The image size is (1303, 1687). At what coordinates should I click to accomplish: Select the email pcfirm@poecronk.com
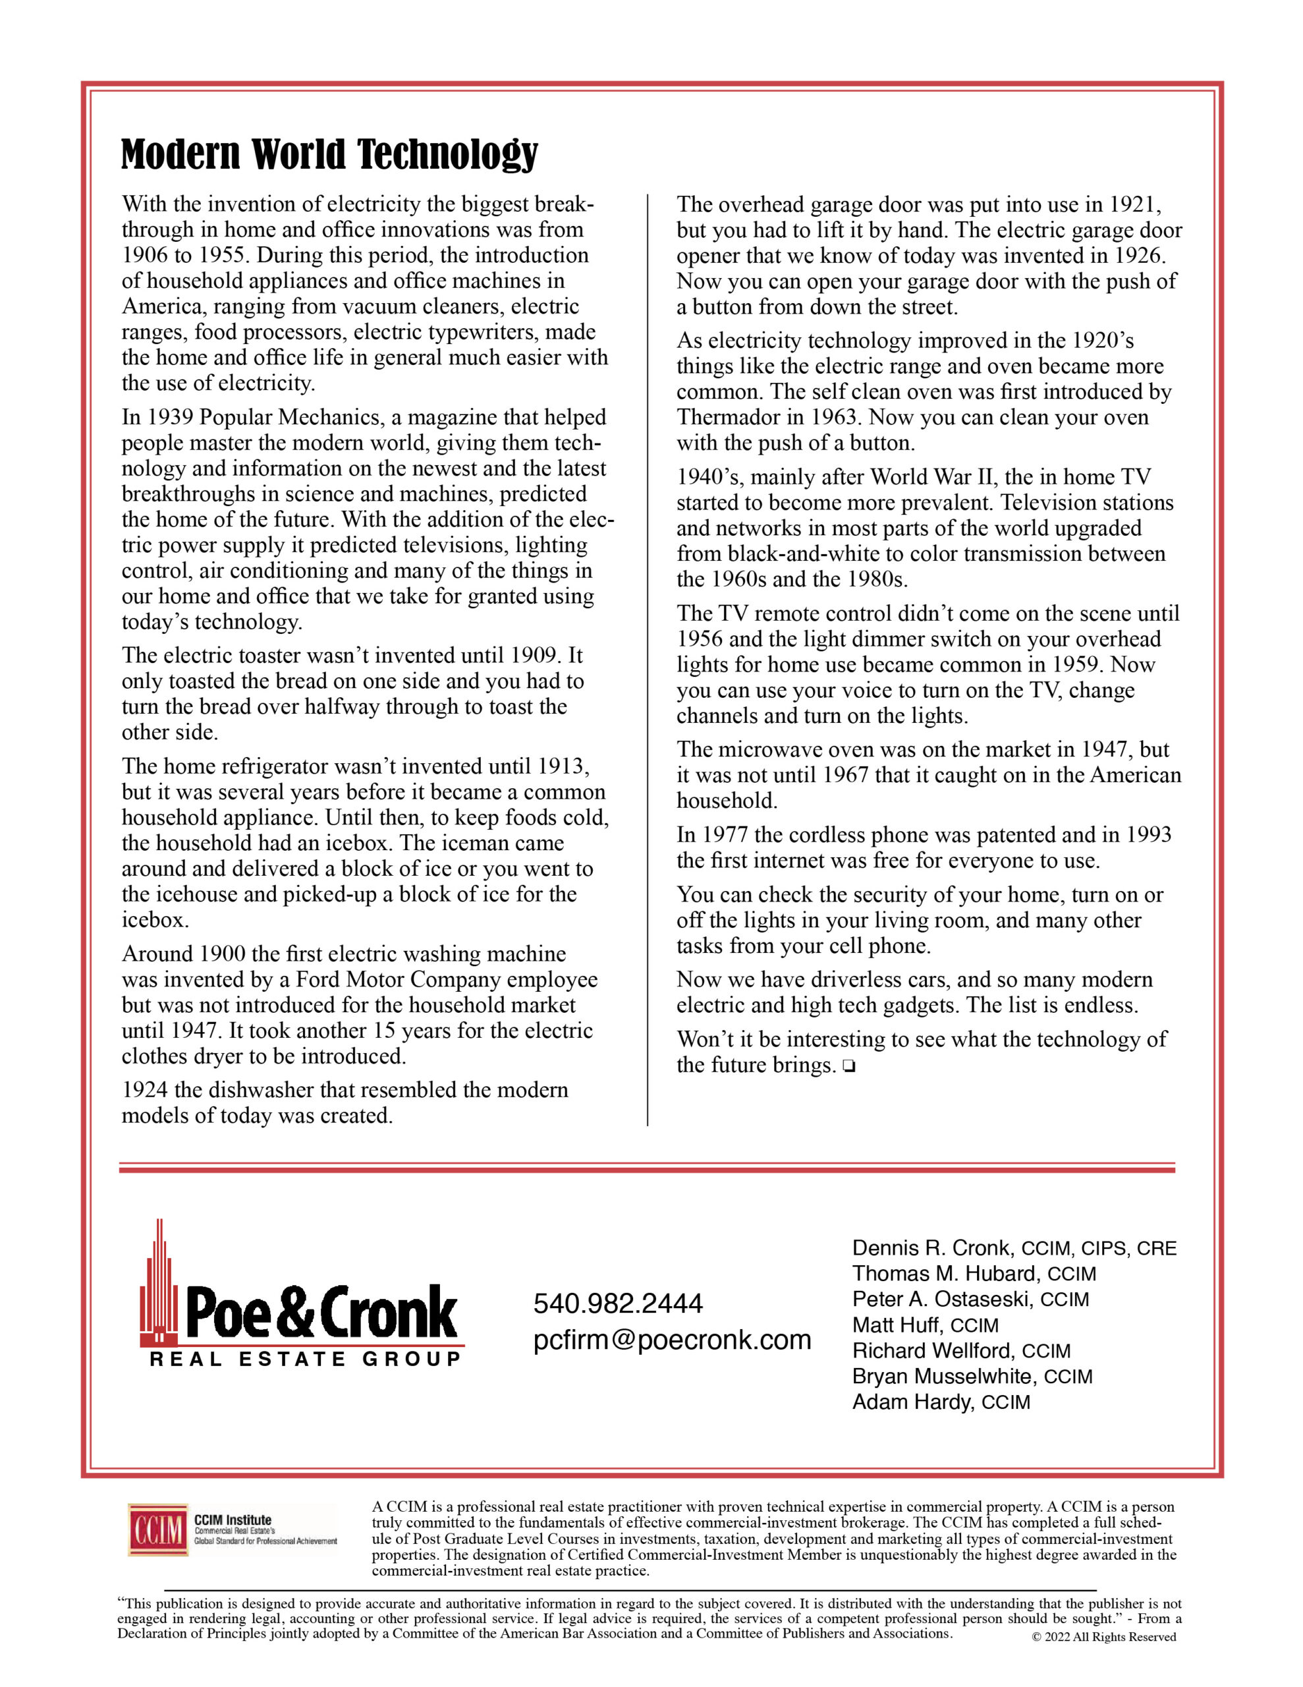(x=672, y=1340)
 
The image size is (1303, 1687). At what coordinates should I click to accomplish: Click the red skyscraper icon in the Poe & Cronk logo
(x=160, y=1286)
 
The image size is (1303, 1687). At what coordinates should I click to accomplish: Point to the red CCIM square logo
(x=158, y=1530)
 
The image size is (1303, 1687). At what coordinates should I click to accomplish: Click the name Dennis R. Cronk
(x=931, y=1247)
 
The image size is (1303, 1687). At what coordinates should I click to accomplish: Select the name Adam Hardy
(x=912, y=1401)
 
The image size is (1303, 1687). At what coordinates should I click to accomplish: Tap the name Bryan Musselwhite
(x=945, y=1376)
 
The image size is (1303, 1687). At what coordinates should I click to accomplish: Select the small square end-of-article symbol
(x=850, y=1067)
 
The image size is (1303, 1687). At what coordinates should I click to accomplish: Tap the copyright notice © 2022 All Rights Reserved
(x=1103, y=1636)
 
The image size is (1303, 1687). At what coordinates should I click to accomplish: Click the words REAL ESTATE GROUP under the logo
(x=305, y=1359)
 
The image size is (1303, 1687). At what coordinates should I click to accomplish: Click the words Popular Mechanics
(x=291, y=417)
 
